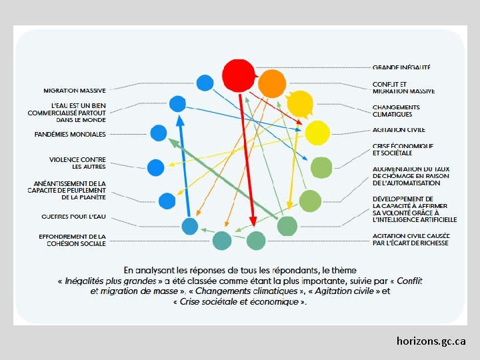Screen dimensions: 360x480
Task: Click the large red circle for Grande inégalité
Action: click(238, 75)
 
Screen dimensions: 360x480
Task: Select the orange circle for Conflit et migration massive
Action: click(271, 83)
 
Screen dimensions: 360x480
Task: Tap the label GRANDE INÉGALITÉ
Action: click(401, 67)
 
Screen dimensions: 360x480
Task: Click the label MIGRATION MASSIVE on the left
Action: click(75, 90)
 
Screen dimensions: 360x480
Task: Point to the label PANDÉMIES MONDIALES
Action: click(70, 134)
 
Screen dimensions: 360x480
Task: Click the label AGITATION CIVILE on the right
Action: click(399, 130)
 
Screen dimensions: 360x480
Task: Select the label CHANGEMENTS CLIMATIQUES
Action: click(396, 111)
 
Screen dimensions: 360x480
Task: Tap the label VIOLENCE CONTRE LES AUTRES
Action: click(77, 163)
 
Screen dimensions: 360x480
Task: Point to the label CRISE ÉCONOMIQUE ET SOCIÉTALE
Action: click(403, 149)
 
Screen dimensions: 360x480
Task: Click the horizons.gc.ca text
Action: click(431, 341)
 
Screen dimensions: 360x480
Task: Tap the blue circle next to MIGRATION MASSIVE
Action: click(205, 83)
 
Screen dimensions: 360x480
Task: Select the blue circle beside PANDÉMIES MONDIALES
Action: click(158, 133)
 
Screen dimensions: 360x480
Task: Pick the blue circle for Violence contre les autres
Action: click(155, 167)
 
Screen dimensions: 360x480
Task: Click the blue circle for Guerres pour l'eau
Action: click(190, 227)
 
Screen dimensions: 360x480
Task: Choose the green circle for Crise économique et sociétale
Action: click(321, 167)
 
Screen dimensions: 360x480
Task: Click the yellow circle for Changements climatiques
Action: click(300, 103)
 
